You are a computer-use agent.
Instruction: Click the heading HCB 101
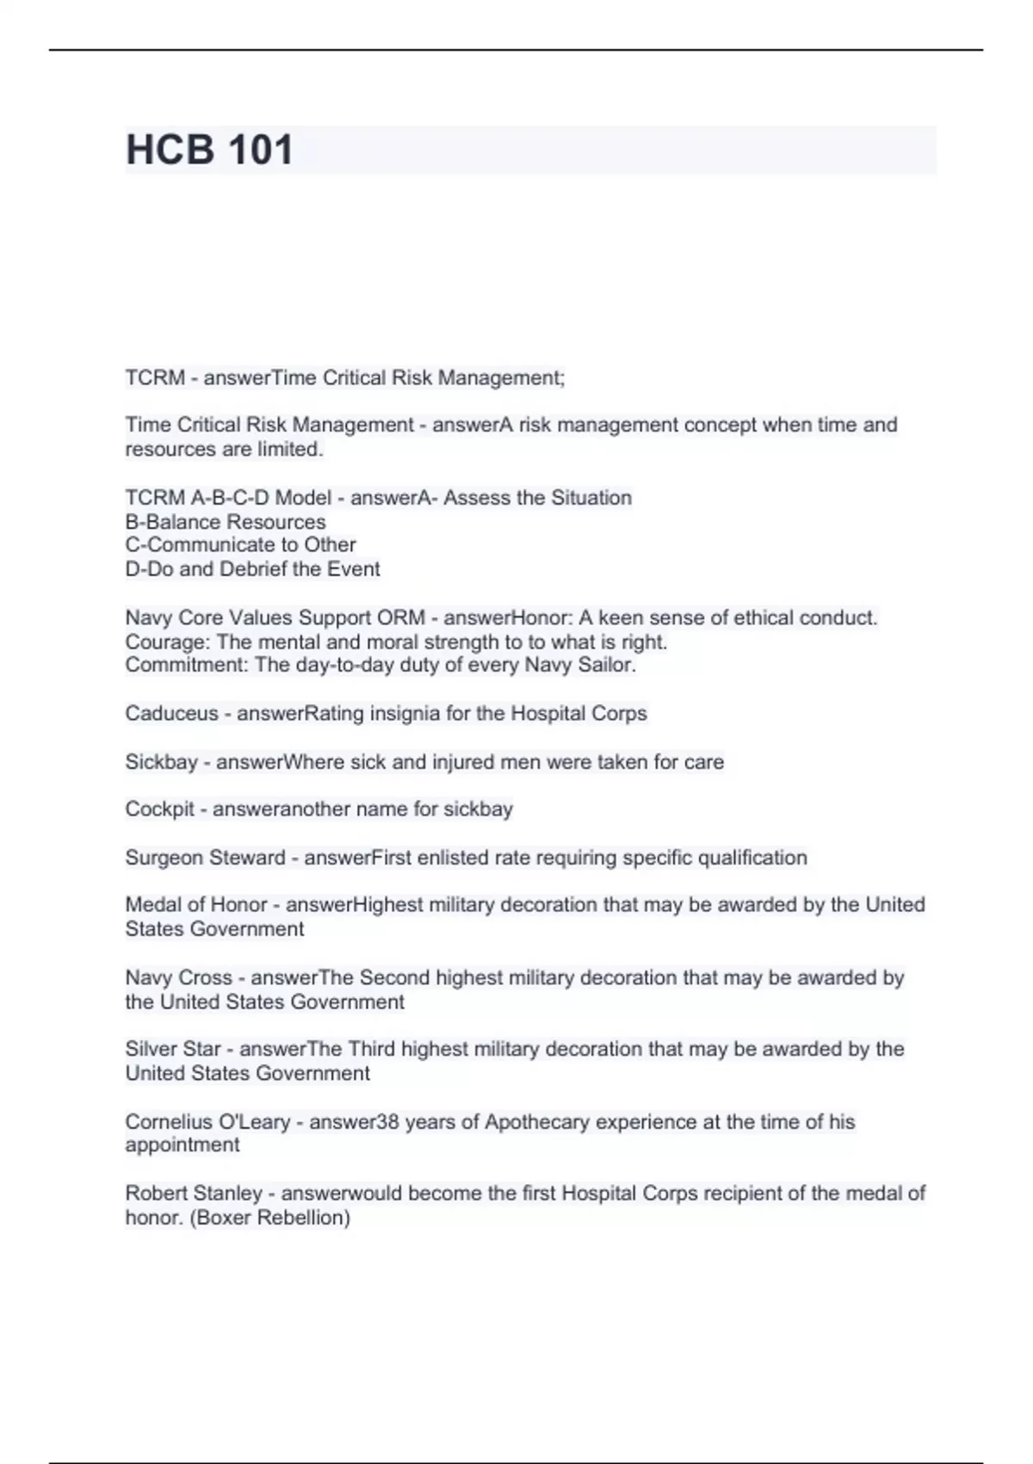pyautogui.click(x=209, y=150)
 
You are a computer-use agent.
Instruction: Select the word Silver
pyautogui.click(x=150, y=1049)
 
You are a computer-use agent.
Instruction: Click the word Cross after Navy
pyautogui.click(x=205, y=978)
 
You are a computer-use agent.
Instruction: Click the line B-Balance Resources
pyautogui.click(x=226, y=522)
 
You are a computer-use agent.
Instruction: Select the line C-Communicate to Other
pyautogui.click(x=240, y=545)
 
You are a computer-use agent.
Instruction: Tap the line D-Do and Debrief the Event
pyautogui.click(x=252, y=569)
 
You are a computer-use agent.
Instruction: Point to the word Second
pyautogui.click(x=395, y=978)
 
